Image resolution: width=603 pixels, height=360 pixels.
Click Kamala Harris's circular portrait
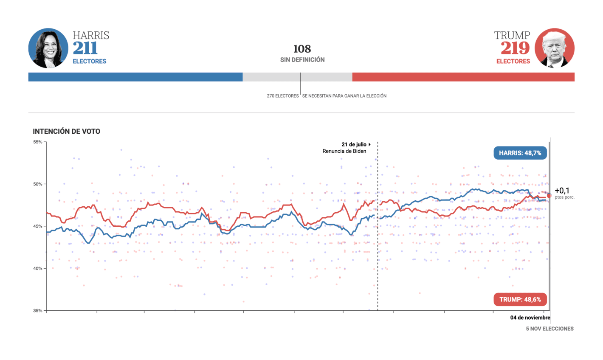point(48,48)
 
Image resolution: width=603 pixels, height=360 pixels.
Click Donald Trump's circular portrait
point(554,48)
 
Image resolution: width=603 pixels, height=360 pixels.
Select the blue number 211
point(85,48)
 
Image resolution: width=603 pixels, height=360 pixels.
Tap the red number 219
point(515,48)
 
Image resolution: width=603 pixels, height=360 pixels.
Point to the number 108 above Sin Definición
point(302,49)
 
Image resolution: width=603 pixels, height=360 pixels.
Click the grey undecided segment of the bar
point(297,77)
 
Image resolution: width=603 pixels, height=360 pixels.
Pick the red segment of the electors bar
point(463,77)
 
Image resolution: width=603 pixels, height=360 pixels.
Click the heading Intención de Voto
point(67,132)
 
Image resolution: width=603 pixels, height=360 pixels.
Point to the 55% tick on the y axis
point(38,142)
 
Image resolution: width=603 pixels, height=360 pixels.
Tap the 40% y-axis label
point(38,268)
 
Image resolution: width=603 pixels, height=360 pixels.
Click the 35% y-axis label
point(38,311)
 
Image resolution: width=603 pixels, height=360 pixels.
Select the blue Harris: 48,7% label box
point(520,153)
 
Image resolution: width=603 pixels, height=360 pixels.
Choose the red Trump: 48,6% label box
point(520,299)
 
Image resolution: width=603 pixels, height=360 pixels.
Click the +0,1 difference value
point(562,191)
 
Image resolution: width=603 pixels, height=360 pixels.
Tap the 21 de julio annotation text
point(354,144)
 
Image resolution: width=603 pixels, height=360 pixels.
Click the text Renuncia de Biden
point(344,151)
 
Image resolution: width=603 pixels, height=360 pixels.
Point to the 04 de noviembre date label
point(530,318)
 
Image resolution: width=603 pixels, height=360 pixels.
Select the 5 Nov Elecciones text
point(549,329)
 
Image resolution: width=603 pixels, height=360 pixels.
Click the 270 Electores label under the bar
point(282,96)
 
